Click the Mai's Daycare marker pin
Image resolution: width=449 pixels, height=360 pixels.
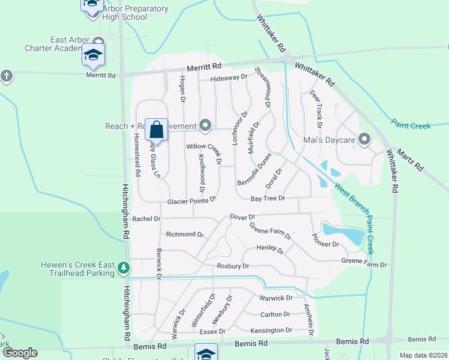[364, 140]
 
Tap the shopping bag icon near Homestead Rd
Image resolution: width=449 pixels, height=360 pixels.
[156, 129]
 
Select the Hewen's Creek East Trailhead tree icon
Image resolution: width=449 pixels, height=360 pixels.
[124, 267]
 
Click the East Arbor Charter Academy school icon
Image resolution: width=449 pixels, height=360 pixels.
[93, 55]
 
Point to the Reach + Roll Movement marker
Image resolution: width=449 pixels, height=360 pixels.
[206, 125]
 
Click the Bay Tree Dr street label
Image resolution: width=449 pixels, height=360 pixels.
[267, 198]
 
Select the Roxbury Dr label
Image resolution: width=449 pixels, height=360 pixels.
[232, 265]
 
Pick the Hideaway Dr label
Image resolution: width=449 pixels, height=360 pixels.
[229, 78]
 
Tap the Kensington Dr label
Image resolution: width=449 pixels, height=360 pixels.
[271, 330]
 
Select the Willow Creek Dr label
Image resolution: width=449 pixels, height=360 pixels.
[205, 153]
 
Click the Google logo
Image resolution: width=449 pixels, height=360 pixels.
[20, 353]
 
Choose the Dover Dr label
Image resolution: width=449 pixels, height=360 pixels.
[243, 217]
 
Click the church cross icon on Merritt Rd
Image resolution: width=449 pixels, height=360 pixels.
[6, 76]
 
